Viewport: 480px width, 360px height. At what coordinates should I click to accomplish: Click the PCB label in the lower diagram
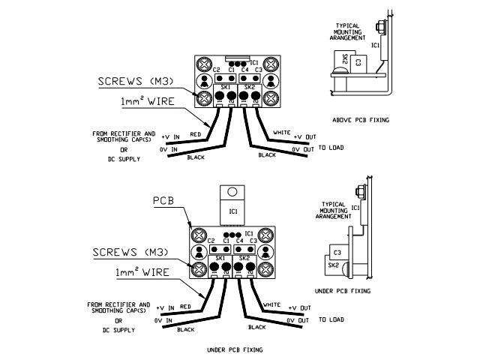(164, 201)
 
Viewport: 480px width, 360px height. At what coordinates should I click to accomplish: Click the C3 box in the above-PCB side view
(358, 64)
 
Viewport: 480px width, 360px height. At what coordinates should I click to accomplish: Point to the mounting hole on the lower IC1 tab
(234, 191)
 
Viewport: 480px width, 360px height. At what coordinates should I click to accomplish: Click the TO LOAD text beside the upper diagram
(331, 147)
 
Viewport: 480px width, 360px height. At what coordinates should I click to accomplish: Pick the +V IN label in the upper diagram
(169, 137)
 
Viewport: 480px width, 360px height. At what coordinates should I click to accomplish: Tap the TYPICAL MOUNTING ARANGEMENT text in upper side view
(349, 29)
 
